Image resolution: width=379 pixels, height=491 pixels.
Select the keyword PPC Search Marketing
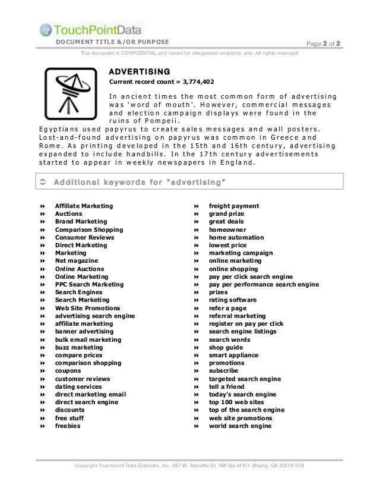(89, 285)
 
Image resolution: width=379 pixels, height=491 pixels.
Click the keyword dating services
(78, 387)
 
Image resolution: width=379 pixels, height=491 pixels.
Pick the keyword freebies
(68, 426)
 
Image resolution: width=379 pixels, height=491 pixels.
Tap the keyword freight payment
(233, 206)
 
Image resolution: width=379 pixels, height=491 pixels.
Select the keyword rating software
(232, 300)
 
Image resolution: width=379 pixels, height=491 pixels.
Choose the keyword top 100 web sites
(237, 402)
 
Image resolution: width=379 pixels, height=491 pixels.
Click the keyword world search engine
(240, 426)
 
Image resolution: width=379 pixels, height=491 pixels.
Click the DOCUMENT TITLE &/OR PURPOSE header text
(112, 42)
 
